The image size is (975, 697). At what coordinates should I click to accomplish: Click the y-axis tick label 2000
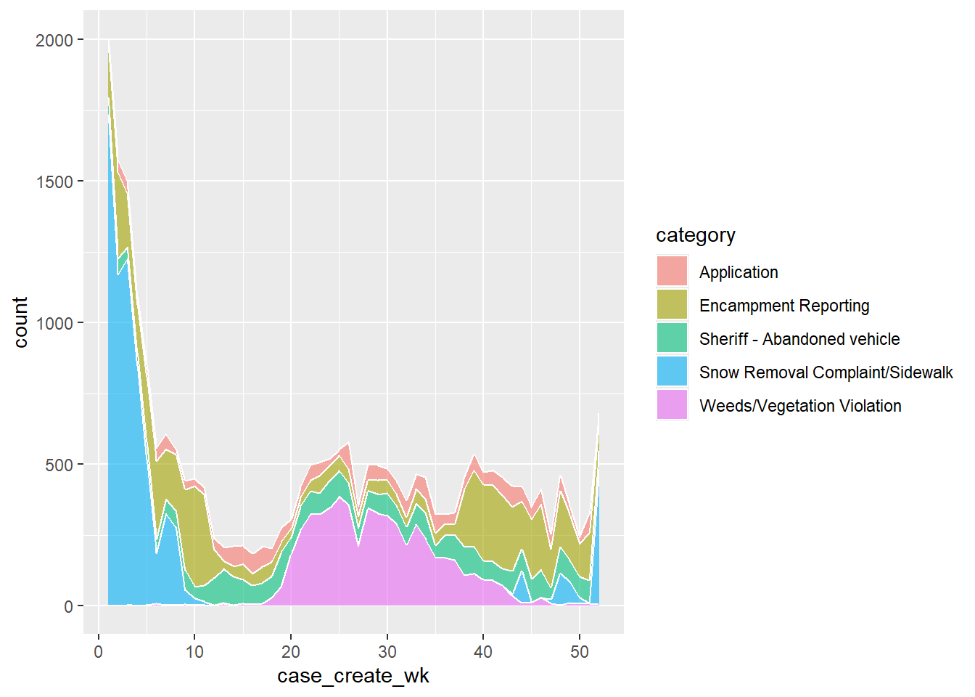point(54,41)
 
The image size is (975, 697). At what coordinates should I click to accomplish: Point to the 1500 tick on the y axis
point(54,182)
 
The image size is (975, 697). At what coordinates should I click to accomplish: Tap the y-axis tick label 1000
point(54,324)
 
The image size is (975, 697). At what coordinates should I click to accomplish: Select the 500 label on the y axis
point(59,465)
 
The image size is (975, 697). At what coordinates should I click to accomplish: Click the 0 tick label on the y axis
point(69,607)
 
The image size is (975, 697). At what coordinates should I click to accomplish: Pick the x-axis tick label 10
point(194,652)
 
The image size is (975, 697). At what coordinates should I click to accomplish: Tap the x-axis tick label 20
point(291,652)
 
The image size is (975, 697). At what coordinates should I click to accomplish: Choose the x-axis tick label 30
point(387,652)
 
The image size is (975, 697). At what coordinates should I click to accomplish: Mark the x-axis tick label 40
point(483,652)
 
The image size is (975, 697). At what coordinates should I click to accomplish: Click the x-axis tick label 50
point(580,652)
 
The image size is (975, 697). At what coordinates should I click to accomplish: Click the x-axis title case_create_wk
point(353,676)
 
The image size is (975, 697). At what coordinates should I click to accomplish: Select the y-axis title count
point(20,322)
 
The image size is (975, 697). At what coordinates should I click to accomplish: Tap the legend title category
point(695,235)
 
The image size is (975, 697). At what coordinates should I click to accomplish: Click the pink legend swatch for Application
point(672,272)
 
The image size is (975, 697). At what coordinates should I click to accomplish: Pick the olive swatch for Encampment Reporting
point(672,305)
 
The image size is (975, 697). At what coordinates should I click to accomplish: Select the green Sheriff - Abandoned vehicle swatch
point(672,338)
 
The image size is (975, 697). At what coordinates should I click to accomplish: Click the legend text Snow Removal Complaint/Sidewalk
point(826,372)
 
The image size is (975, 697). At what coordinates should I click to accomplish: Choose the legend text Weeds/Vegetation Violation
point(800,406)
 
